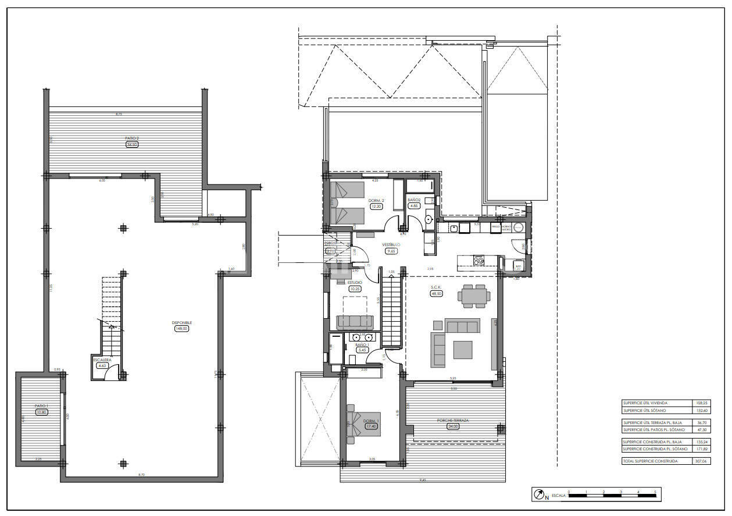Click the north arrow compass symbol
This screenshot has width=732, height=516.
538,495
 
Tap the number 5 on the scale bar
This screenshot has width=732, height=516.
655,492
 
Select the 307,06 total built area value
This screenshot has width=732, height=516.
701,461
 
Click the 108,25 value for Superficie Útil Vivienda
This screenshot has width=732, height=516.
701,403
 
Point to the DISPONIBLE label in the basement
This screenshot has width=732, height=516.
182,322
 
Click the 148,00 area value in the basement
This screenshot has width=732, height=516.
182,329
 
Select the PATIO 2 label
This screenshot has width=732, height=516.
132,138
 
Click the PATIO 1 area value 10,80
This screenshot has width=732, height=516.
41,412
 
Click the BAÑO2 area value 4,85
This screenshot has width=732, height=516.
414,206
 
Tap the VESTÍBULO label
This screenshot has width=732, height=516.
391,245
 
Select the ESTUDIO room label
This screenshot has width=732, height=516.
355,282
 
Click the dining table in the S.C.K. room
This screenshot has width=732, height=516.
472,296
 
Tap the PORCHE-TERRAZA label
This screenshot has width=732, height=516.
453,420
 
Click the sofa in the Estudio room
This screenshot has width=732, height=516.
355,322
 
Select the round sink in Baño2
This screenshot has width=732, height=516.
429,220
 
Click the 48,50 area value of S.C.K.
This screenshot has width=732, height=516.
436,294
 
